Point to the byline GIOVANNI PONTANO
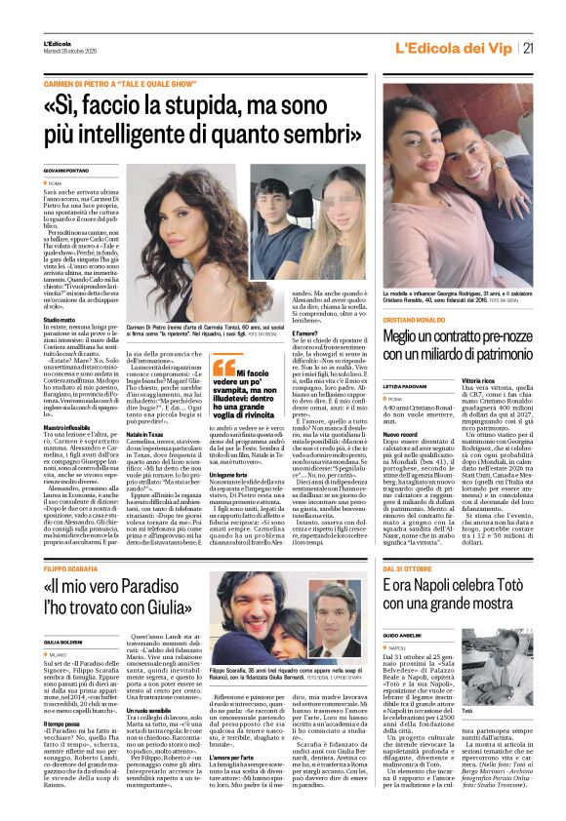pyautogui.click(x=65, y=170)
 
